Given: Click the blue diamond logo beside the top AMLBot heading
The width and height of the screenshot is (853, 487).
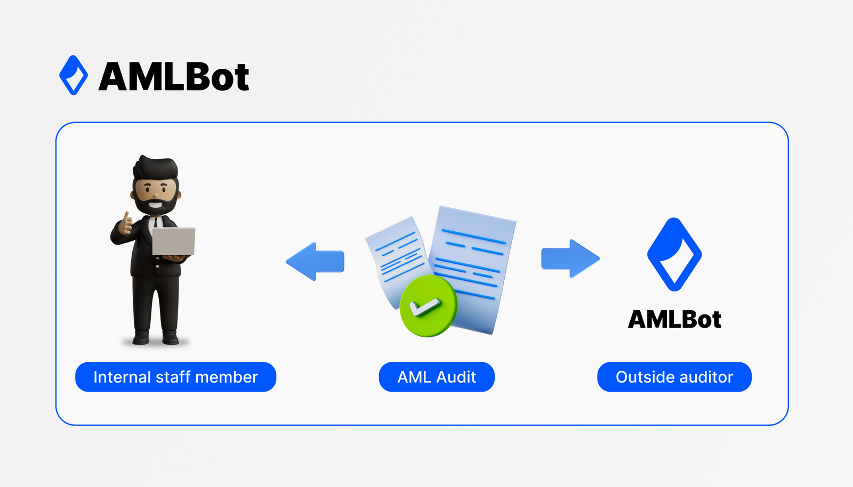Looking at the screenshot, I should pos(74,75).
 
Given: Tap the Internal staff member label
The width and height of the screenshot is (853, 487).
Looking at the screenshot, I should pos(175,377).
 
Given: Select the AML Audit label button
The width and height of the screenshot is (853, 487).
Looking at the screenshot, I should pos(437,377).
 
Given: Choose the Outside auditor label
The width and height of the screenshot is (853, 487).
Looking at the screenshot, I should pos(674,377).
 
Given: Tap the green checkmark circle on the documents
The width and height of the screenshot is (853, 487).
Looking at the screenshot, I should pos(428,306).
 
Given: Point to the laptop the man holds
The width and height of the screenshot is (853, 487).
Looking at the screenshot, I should pos(174,241).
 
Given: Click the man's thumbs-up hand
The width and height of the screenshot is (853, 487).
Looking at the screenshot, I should pos(126,224).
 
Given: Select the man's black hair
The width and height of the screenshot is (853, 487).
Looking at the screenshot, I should pos(155,168).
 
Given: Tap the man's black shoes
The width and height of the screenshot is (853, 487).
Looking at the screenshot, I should pos(156,337).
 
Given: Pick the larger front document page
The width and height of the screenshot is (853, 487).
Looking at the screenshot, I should pos(472,256).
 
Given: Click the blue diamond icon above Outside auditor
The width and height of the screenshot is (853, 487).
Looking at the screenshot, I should pos(674,255).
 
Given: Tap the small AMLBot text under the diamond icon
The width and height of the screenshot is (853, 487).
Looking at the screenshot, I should pos(674,319).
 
